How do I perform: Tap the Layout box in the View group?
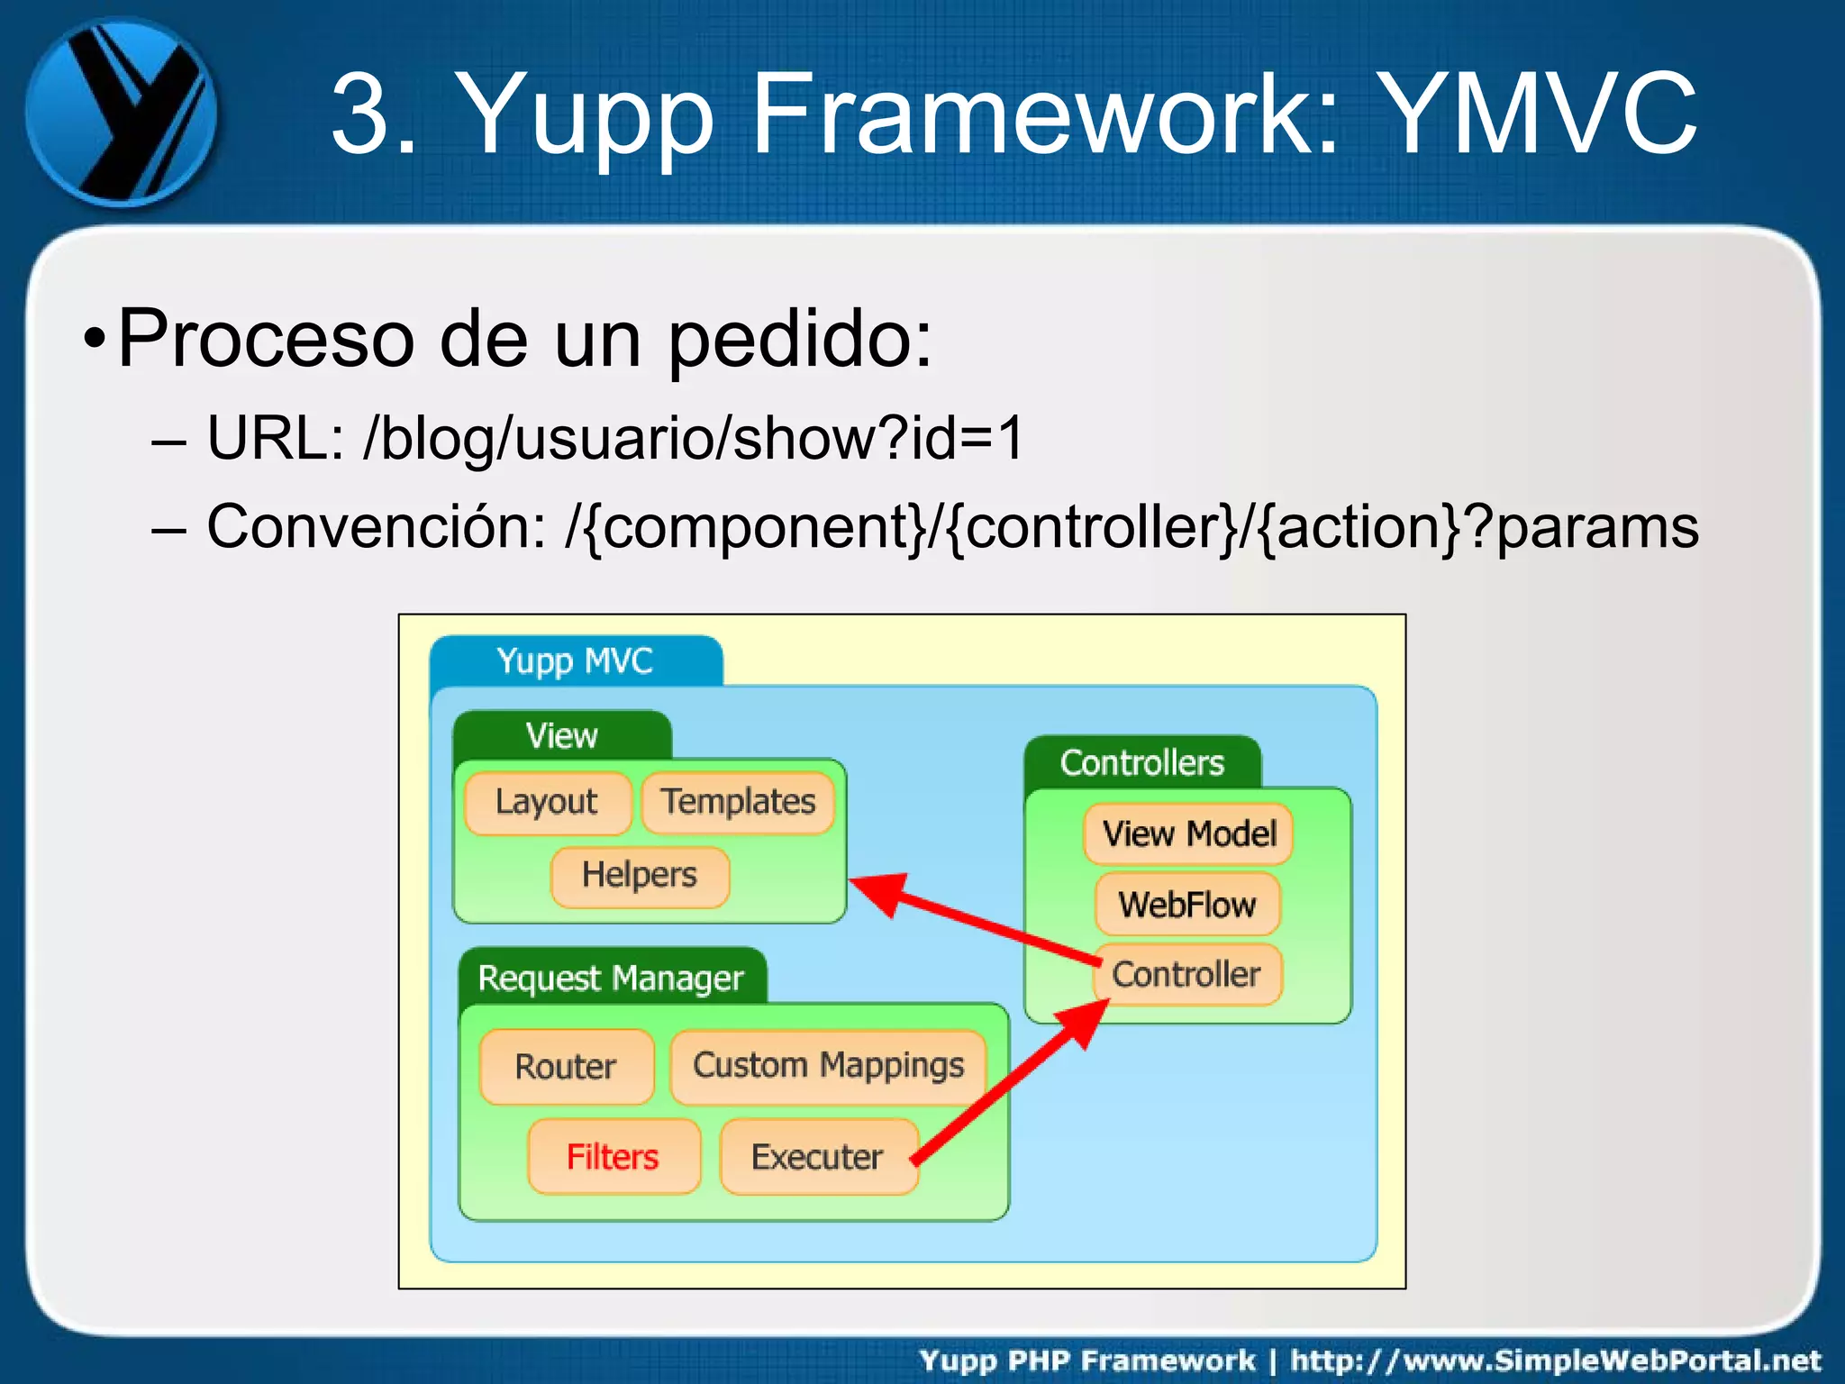pos(547,802)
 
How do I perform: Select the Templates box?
pos(738,802)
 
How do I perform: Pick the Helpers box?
pos(640,876)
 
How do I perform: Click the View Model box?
pos(1189,834)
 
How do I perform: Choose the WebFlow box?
pos(1187,905)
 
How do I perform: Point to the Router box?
pos(566,1067)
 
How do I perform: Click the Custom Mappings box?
pos(828,1066)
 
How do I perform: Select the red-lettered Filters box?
pos(613,1157)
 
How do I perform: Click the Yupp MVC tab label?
pos(575,661)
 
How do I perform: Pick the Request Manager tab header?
pos(611,979)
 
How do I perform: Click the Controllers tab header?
pos(1141,763)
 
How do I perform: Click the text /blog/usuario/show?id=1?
pos(694,439)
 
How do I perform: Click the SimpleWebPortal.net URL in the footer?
pos(1555,1361)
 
